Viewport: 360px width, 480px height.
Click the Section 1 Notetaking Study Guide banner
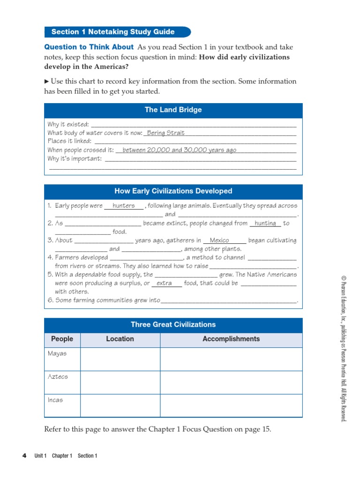(117, 32)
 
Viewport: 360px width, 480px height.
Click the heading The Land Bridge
(173, 110)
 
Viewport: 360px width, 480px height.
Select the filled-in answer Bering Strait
(165, 133)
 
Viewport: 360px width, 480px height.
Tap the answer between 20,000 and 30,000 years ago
(179, 150)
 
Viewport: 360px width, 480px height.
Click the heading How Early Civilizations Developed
(173, 191)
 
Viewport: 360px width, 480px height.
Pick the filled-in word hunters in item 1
(124, 206)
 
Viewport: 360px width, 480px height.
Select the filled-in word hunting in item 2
(265, 224)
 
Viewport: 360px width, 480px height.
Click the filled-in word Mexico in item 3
(219, 240)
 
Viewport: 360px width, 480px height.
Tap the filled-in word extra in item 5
(164, 284)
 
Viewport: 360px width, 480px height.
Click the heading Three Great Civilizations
(173, 324)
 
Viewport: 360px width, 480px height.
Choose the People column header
(62, 339)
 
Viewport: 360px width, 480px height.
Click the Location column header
(120, 339)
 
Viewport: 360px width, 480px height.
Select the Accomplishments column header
(231, 339)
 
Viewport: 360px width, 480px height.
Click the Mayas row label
(57, 353)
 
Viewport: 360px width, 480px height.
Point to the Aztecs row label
(58, 377)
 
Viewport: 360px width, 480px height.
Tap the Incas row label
(55, 400)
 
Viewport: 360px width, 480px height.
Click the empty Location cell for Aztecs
(120, 382)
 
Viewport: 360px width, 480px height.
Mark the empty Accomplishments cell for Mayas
(231, 359)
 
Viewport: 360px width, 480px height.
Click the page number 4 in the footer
(24, 456)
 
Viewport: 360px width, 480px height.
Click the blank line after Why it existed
(193, 125)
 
